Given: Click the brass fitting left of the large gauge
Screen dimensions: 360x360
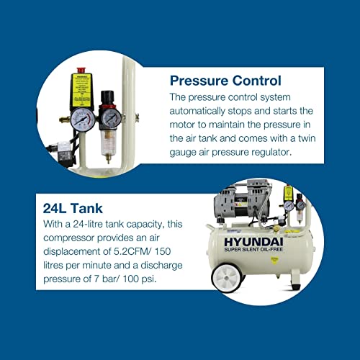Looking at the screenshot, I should tap(60, 115).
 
